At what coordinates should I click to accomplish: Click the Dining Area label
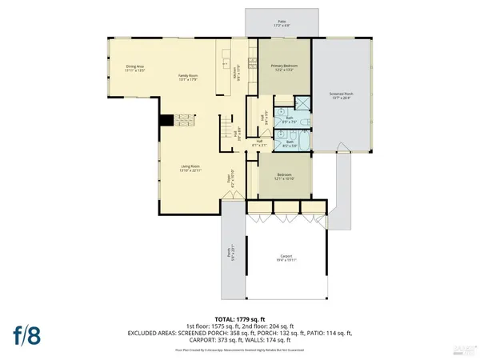[134, 69]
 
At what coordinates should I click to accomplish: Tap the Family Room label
[187, 77]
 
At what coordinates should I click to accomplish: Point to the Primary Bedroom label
[284, 69]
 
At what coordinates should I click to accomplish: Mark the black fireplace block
[165, 121]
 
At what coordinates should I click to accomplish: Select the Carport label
[286, 258]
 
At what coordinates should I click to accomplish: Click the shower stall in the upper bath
[304, 103]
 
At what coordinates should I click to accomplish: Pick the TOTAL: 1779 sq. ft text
[239, 318]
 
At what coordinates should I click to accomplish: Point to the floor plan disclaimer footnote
[239, 350]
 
